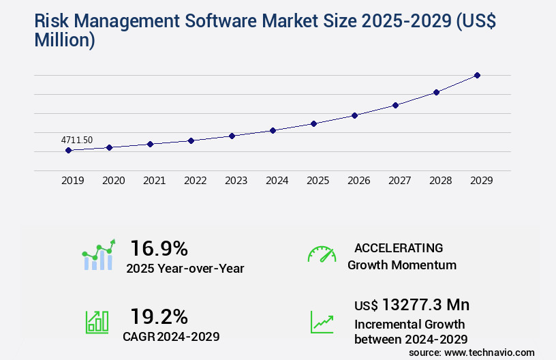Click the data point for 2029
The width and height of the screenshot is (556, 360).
tap(477, 75)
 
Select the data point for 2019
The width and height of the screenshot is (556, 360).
tap(69, 150)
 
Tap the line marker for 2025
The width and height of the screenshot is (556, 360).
tap(313, 123)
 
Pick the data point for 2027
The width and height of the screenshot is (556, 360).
tap(395, 105)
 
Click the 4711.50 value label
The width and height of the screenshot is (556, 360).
tap(77, 140)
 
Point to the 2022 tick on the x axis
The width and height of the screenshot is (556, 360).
tap(195, 181)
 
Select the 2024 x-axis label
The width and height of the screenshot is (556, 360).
tap(277, 181)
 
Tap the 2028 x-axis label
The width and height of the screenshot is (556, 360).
tap(440, 181)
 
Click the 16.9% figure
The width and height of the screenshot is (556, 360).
tap(159, 248)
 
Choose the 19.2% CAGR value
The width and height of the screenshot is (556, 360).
tap(159, 316)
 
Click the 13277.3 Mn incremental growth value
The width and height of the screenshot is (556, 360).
tap(426, 305)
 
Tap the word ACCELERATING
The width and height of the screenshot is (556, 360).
tap(399, 248)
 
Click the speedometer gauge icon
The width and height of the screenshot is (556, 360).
tap(322, 254)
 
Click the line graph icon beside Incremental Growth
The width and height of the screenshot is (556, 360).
tap(322, 322)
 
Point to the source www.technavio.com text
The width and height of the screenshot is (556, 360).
tap(472, 352)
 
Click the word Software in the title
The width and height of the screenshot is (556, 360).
tap(215, 21)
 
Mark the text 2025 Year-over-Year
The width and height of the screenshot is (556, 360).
tap(185, 269)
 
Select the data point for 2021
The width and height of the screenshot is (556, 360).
tap(150, 144)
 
